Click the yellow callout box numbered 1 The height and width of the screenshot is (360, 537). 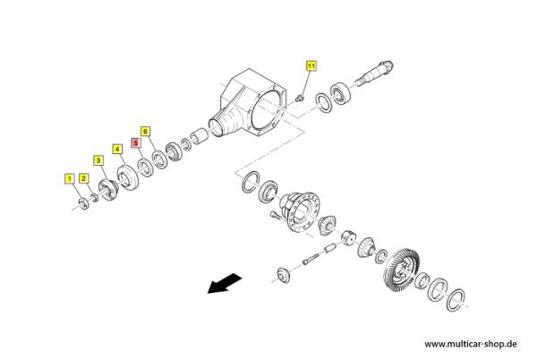70,178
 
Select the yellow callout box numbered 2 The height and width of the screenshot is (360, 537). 84,178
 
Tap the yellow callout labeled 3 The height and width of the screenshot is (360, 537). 98,160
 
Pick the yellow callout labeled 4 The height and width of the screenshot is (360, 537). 117,150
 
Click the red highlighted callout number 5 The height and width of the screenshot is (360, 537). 136,142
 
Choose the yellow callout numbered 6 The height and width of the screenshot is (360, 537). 145,131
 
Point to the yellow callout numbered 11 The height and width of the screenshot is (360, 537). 311,65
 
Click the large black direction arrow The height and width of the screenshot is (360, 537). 225,283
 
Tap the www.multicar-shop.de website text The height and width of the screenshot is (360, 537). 471,344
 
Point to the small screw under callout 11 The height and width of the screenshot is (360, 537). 300,98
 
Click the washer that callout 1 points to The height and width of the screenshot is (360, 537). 83,203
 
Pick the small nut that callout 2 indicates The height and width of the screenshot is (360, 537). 94,198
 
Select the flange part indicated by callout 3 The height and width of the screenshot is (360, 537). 108,190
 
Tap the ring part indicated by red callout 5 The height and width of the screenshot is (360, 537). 146,167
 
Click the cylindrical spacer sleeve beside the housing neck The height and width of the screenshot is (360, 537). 199,135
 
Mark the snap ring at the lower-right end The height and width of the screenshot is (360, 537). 456,300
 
